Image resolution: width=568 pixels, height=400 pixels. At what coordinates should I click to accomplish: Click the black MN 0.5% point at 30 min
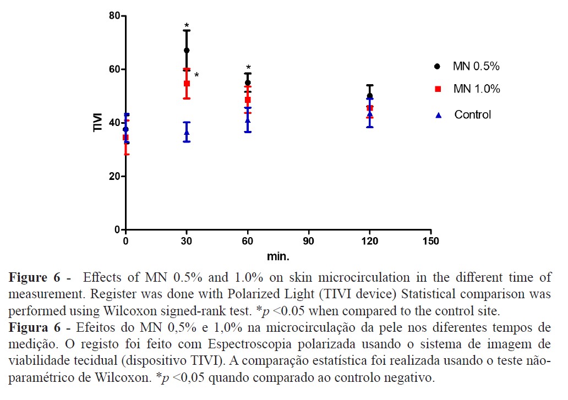(x=187, y=51)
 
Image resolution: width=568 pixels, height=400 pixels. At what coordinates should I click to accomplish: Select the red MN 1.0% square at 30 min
(x=187, y=84)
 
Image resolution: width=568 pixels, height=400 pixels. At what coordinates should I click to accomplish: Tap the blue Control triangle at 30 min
(x=187, y=132)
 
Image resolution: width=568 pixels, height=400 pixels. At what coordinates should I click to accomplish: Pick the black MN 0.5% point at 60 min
(x=248, y=83)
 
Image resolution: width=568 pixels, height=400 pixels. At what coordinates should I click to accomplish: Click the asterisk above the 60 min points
(x=248, y=68)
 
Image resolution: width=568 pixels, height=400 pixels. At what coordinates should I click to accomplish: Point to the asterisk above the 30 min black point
(x=187, y=26)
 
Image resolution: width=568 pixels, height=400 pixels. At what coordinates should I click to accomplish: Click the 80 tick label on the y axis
(x=114, y=16)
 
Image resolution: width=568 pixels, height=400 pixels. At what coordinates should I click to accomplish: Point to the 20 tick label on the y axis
(x=114, y=177)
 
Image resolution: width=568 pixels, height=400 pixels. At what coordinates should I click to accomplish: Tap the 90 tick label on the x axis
(x=309, y=242)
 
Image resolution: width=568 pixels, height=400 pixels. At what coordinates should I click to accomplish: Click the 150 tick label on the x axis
(x=430, y=242)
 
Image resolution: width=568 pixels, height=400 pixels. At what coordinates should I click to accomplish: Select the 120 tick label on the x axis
(x=370, y=242)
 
